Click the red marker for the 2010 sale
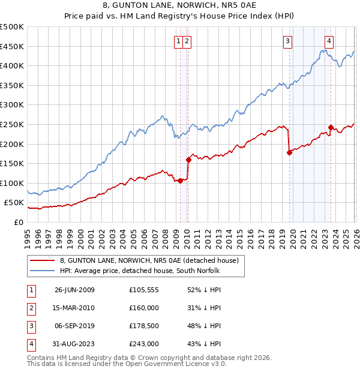(188, 160)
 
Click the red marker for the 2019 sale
(289, 152)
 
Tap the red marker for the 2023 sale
(331, 127)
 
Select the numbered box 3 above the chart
(288, 41)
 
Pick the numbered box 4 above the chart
(329, 41)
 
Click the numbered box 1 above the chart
(179, 41)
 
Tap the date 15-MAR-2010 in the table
(75, 308)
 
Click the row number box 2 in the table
(30, 308)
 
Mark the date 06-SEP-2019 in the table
(75, 326)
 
